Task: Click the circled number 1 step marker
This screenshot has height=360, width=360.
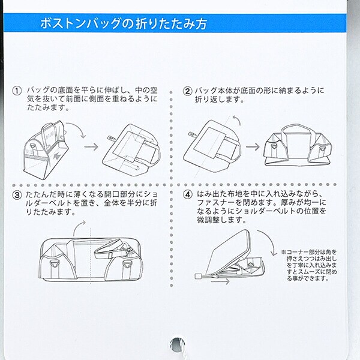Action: (x=17, y=91)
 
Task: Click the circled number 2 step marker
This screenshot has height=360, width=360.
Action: (x=187, y=91)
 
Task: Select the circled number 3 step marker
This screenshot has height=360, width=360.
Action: (x=17, y=195)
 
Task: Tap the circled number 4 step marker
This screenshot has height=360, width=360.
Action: (x=187, y=195)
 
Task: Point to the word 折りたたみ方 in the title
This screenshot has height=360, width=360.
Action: (x=171, y=23)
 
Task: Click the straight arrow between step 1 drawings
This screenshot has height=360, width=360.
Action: (x=91, y=147)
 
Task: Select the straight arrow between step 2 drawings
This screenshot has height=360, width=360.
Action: (x=253, y=147)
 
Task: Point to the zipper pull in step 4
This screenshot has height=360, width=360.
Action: (x=198, y=277)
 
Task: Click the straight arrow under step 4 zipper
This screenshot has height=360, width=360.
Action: (x=220, y=281)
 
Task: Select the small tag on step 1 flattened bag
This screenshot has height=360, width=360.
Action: (x=112, y=139)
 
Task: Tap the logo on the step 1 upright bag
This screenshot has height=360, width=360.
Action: (x=56, y=157)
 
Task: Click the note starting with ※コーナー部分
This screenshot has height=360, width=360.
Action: (x=310, y=265)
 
